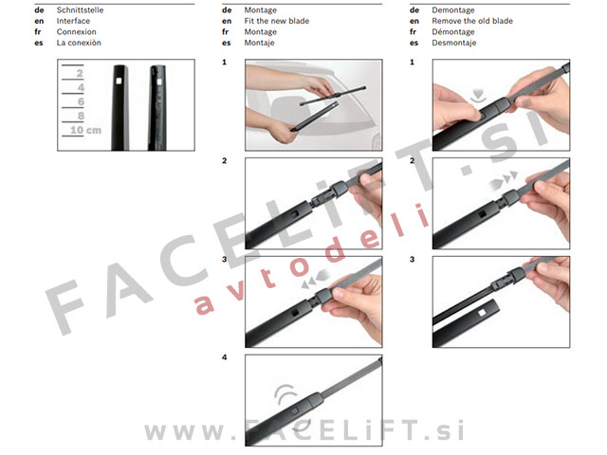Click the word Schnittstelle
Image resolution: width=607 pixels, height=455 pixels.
80,10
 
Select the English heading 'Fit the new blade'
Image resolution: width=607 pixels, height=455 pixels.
276,21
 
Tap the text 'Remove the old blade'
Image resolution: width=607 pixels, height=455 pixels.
472,21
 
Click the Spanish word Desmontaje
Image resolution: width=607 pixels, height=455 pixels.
453,43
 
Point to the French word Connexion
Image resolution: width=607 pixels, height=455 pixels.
76,31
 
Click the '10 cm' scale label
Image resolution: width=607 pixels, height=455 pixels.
86,130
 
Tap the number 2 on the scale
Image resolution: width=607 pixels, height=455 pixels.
80,73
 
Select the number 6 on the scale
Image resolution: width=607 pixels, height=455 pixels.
81,101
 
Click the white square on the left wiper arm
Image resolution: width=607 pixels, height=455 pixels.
119,81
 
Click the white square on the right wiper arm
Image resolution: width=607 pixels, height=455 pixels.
159,82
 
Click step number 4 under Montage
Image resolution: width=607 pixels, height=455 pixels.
224,357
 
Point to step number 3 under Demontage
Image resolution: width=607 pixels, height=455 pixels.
412,259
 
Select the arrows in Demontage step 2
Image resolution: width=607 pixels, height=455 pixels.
503,180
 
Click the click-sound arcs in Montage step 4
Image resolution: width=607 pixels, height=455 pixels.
285,394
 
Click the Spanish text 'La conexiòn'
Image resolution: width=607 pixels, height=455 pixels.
79,43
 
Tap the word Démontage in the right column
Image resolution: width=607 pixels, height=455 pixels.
453,31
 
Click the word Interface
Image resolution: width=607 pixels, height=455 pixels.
73,21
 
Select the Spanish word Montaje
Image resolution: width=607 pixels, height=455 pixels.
259,43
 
